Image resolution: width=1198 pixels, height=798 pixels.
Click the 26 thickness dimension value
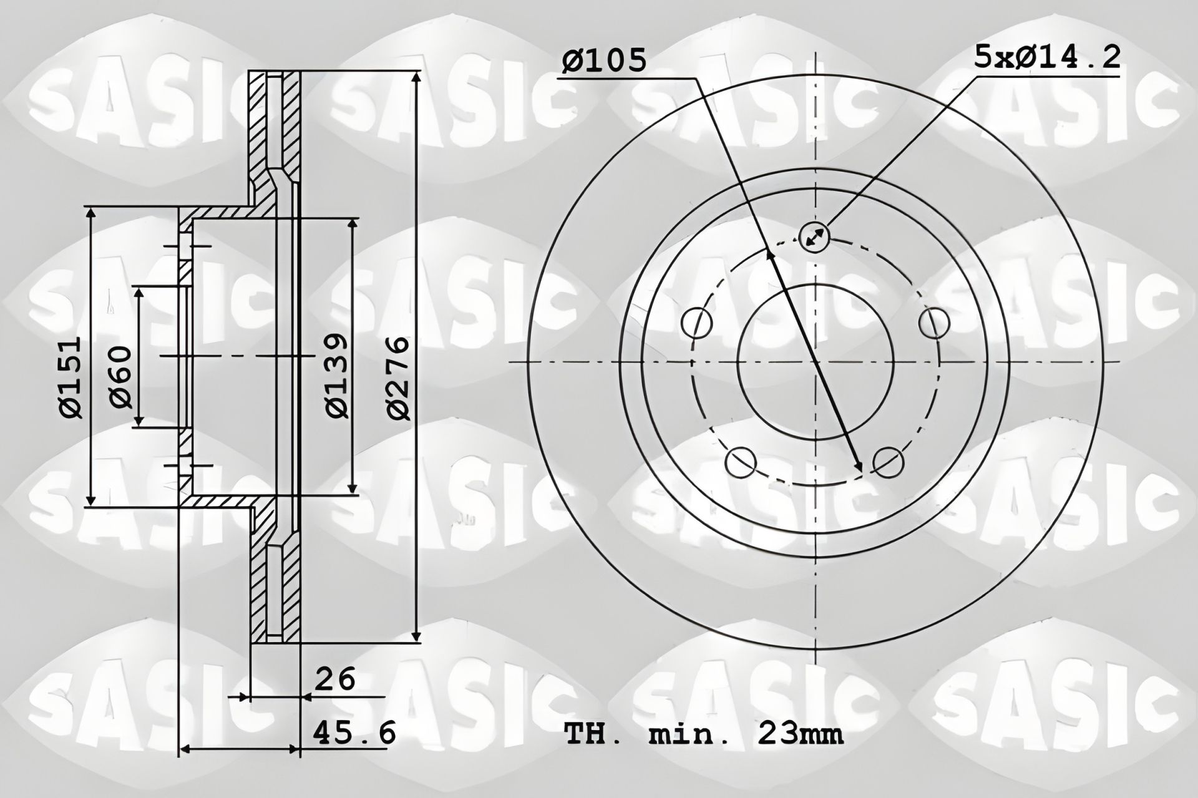[x=334, y=679]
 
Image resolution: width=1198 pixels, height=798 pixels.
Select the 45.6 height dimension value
[x=354, y=732]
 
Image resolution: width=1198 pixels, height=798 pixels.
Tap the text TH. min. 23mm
[x=703, y=734]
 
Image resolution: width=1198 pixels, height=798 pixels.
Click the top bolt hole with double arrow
[x=814, y=237]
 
